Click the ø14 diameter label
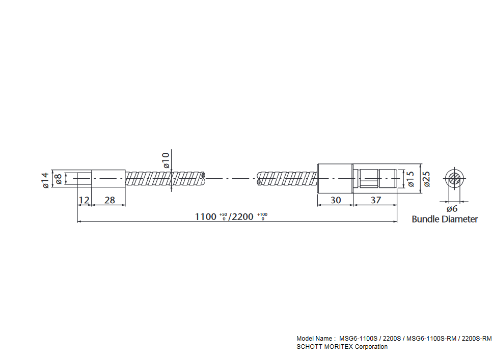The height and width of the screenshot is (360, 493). (x=46, y=180)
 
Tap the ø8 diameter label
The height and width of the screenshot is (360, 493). (x=59, y=179)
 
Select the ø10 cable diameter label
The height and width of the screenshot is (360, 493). (x=166, y=160)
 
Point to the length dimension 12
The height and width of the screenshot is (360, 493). (x=84, y=200)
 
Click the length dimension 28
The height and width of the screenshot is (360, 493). (x=109, y=200)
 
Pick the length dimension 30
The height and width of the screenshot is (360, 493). (x=336, y=200)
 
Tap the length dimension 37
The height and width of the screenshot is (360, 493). (x=376, y=200)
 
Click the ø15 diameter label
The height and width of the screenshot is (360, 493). (x=410, y=179)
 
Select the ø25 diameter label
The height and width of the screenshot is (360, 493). (x=427, y=179)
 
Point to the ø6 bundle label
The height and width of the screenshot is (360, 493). (x=452, y=208)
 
